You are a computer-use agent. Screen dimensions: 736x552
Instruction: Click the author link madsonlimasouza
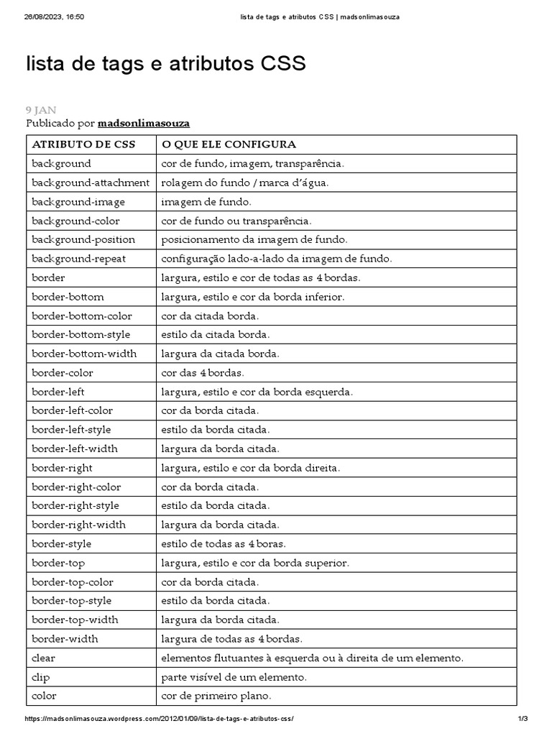coord(144,124)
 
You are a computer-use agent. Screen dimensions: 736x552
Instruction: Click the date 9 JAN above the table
coord(41,110)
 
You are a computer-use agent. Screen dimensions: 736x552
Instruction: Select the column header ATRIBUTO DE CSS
coord(84,144)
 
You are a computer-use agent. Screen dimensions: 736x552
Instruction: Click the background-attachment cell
coord(91,183)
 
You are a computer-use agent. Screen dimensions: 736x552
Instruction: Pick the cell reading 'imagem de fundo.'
coord(206,202)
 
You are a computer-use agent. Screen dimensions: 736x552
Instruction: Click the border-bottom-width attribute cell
coord(84,354)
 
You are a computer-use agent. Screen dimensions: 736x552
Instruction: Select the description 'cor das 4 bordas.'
coord(203,373)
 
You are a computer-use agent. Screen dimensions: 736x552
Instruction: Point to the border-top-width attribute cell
coord(75,620)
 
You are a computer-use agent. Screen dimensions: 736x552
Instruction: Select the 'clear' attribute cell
coord(44,658)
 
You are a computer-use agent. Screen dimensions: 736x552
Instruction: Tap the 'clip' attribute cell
coord(41,677)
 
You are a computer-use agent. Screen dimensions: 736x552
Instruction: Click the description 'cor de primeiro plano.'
coord(216,696)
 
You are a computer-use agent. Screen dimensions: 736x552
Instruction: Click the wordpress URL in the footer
coord(160,719)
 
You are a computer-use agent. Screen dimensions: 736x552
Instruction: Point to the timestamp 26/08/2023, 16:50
coord(54,17)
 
